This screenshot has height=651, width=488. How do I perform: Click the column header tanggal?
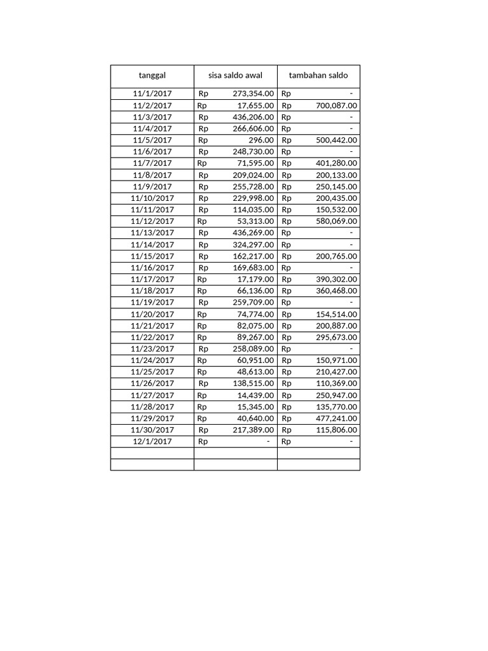[152, 76]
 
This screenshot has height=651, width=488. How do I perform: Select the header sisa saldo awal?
[235, 76]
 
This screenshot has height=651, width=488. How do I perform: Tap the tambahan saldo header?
[318, 76]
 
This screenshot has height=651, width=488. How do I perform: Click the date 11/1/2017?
[152, 93]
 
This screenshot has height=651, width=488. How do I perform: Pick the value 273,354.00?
[254, 93]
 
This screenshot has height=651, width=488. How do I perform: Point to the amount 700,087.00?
[336, 106]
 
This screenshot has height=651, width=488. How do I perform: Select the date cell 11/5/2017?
[152, 140]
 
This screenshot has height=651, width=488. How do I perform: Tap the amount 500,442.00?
[336, 140]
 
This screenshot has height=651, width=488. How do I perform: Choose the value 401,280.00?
[336, 163]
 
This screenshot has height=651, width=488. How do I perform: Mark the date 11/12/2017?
[152, 221]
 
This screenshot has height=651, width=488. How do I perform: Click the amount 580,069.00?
[336, 221]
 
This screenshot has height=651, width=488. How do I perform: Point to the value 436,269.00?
[254, 233]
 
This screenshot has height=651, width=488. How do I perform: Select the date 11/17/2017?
[152, 279]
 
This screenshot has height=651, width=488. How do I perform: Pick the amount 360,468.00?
[336, 291]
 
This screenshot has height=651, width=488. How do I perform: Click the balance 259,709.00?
[254, 302]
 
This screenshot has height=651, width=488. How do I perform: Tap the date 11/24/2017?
[152, 360]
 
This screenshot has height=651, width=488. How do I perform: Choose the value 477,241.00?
[336, 418]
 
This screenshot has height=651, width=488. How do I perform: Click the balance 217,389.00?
[254, 430]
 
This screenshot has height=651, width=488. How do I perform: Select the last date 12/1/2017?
[152, 441]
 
